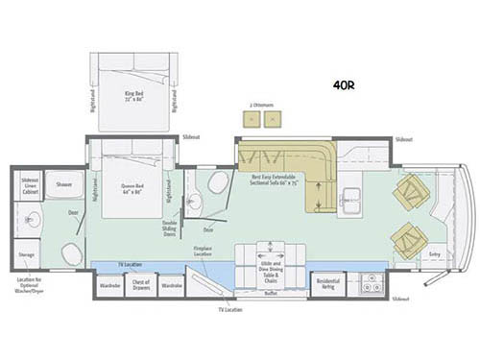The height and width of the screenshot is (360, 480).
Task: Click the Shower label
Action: click(x=64, y=182)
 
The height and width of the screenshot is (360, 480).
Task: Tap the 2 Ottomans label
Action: click(x=259, y=103)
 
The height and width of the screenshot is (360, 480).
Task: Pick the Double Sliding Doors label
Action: click(x=171, y=228)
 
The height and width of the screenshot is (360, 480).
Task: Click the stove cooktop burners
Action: click(x=368, y=284)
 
